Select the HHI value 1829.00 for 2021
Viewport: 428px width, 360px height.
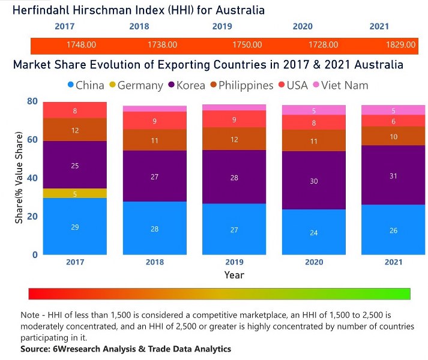400,45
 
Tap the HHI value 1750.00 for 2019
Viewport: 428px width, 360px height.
246,45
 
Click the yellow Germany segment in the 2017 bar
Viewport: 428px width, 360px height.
75,193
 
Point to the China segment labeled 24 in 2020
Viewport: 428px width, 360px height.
313,232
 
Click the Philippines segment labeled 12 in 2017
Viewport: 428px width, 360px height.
75,130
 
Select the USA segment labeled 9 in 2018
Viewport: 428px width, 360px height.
154,121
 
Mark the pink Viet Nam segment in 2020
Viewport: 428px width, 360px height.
313,110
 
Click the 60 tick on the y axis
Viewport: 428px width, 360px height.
32,140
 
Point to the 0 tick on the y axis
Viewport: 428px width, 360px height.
35,254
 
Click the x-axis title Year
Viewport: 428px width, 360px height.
234,275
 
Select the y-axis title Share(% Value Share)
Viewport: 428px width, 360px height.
19,178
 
